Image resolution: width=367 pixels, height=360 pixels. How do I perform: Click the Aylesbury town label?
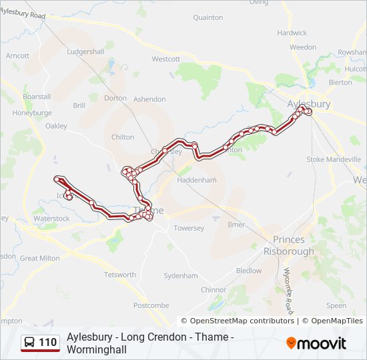pos(308,104)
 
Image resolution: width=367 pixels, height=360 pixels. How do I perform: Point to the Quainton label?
pos(208,18)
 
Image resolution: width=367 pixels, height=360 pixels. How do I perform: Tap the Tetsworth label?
pos(119,275)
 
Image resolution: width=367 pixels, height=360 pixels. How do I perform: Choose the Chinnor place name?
pos(214,290)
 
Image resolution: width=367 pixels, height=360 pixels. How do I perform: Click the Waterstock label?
pos(51,218)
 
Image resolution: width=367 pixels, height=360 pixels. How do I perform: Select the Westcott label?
pos(166,59)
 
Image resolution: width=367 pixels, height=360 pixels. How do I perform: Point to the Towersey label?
pos(189,228)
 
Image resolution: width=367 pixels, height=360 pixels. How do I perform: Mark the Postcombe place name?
pos(151,305)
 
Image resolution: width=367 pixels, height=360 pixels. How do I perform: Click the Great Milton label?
pos(39,258)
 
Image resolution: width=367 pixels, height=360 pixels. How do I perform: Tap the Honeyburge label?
pos(31,113)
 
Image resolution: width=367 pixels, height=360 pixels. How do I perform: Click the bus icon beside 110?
pos(30,343)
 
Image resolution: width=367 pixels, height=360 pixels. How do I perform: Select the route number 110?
pos(47,343)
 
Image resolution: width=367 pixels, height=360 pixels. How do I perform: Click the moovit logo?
pos(316,343)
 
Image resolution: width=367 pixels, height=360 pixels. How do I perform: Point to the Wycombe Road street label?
pos(288,283)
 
